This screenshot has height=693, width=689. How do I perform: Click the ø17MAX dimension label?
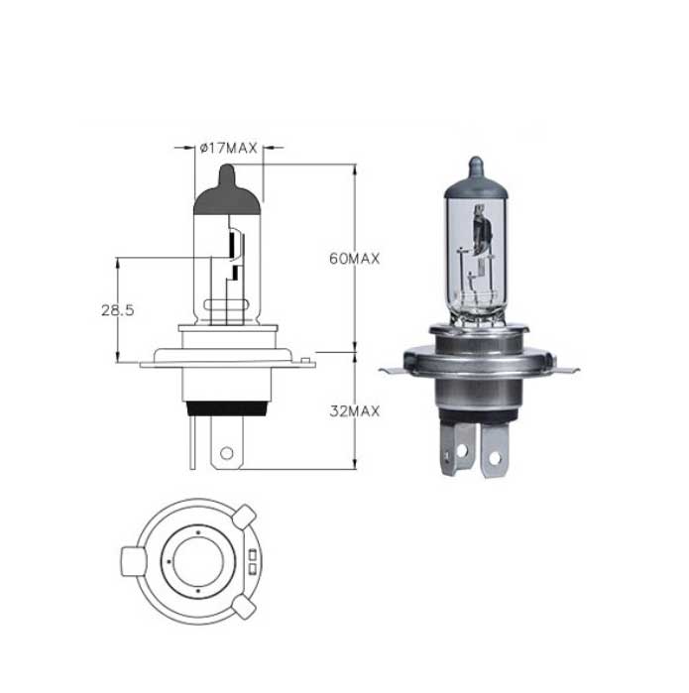228,148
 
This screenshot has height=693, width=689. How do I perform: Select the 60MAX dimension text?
355,259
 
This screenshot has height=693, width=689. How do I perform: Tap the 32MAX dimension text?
355,411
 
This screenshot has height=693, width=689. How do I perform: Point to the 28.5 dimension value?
118,310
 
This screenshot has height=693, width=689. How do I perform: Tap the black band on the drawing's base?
227,408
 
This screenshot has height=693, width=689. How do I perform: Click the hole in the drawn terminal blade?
227,453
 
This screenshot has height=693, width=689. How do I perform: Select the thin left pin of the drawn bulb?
192,442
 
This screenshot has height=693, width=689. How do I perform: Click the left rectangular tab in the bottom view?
133,561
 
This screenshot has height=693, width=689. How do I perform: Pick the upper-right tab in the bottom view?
245,517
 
